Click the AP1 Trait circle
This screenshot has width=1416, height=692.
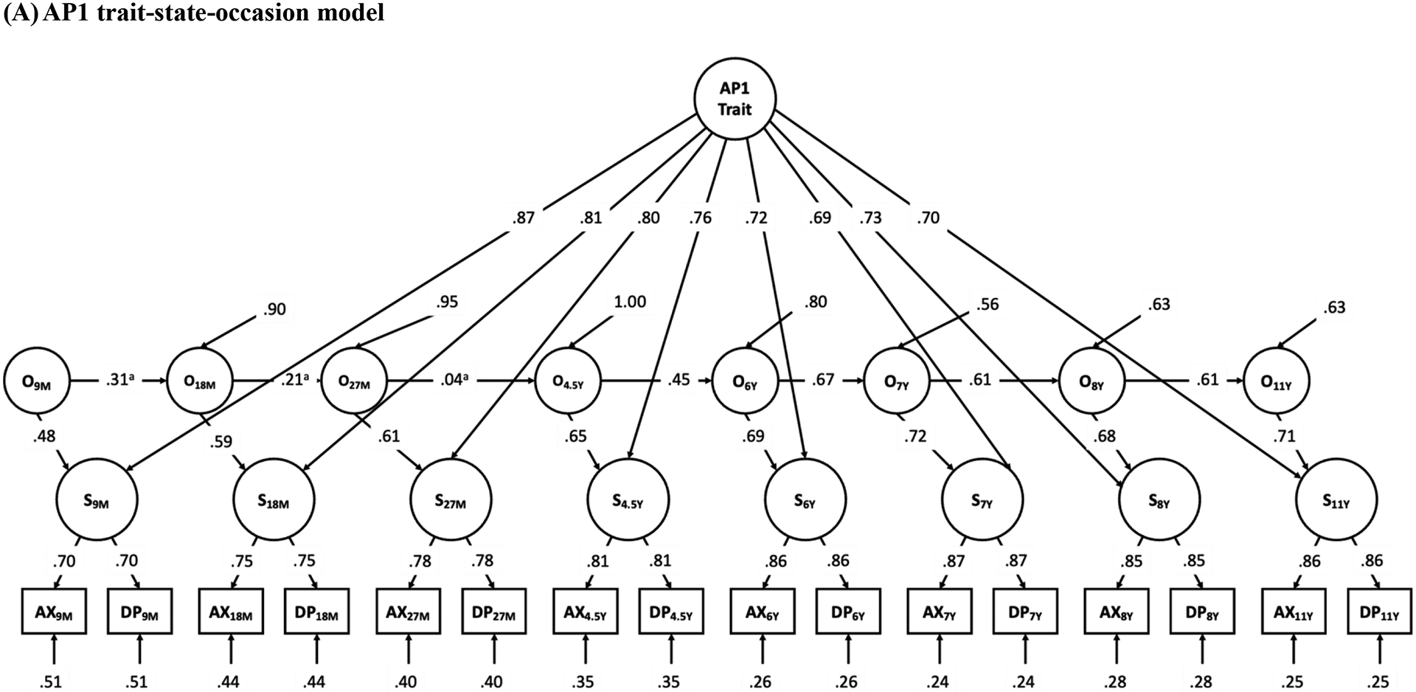click(x=735, y=100)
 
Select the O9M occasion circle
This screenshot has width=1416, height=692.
click(x=37, y=382)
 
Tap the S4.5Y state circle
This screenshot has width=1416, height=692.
click(x=628, y=500)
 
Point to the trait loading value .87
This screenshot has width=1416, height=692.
click(x=524, y=218)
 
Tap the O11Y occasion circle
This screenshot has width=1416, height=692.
click(x=1276, y=382)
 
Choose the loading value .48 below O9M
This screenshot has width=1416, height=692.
click(x=44, y=435)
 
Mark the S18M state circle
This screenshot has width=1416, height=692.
click(x=274, y=500)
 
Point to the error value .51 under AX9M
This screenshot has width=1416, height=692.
click(x=52, y=680)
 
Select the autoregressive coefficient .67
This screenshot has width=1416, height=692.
click(x=822, y=380)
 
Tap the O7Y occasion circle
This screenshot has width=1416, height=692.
click(x=898, y=382)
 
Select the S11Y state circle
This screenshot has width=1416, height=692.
click(x=1336, y=500)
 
